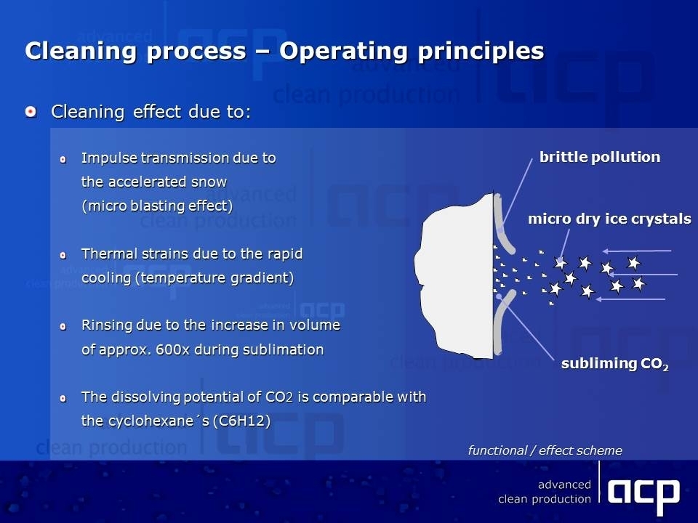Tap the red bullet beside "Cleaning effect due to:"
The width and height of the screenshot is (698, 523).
tap(31, 112)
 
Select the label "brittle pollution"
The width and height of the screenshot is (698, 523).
tap(600, 157)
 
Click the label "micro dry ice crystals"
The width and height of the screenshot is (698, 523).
tap(609, 219)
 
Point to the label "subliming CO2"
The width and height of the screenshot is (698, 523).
tap(615, 364)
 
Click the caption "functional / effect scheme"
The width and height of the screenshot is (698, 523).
tap(545, 450)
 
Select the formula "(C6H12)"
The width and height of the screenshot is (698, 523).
tap(241, 421)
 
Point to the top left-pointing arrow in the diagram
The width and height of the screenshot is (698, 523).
tap(637, 251)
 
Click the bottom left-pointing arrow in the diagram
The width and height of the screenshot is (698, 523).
tap(630, 299)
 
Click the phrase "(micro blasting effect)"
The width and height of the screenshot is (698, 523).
tap(157, 206)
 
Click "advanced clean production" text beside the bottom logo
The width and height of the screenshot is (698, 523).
tap(545, 492)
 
